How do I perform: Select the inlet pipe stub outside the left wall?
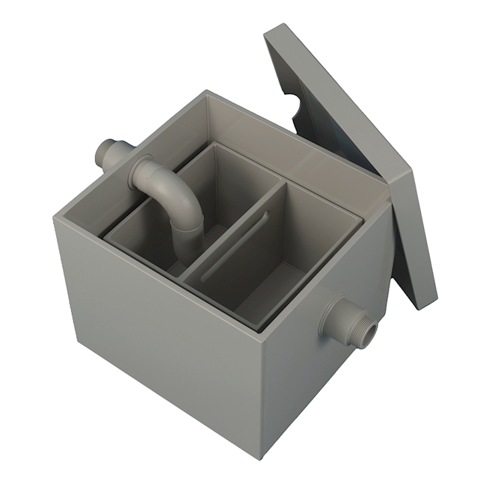(x=112, y=153)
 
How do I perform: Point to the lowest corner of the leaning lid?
(x=426, y=307)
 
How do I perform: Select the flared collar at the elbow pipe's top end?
(x=140, y=170)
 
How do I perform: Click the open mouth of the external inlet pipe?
(x=101, y=153)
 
